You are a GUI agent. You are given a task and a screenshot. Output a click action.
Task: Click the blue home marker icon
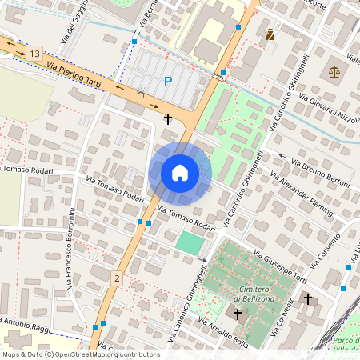tap(180, 173)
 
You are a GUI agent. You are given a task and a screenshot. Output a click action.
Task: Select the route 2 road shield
tap(117, 278)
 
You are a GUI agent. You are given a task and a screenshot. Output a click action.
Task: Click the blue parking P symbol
tap(167, 81)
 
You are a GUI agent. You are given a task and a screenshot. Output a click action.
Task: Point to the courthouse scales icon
tap(333, 72)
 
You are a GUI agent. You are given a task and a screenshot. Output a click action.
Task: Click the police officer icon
tap(270, 34)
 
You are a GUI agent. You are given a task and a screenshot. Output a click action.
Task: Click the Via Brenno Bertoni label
tap(320, 174)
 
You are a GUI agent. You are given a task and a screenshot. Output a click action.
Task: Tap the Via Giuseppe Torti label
tap(291, 269)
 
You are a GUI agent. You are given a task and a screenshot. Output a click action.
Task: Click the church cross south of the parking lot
tap(167, 119)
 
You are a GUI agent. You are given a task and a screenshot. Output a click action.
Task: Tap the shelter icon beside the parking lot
tap(141, 93)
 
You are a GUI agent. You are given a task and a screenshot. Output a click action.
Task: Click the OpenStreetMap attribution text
tap(80, 354)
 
